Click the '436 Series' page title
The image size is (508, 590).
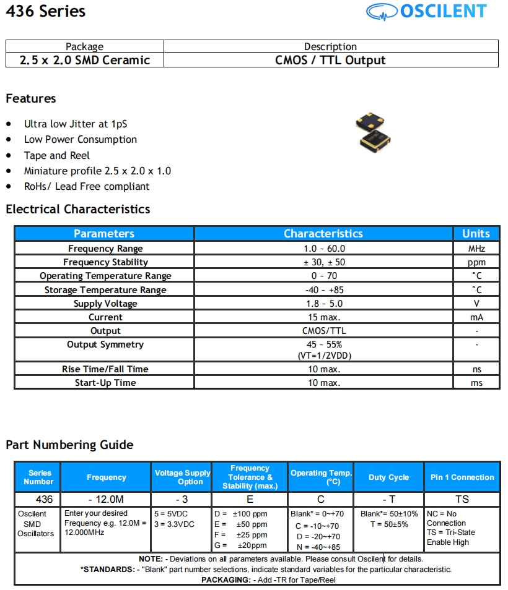point(46,12)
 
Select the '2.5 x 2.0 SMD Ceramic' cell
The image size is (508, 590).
point(85,60)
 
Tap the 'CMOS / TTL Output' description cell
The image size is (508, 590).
point(330,60)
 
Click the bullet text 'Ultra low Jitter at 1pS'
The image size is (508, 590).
point(76,124)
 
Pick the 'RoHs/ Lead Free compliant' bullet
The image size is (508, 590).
point(87,186)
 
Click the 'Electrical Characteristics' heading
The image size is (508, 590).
point(78,209)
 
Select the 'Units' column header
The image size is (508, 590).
point(476,234)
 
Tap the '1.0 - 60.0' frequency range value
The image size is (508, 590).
point(323,249)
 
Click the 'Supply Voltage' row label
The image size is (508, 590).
point(105,304)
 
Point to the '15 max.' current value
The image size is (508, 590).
point(323,317)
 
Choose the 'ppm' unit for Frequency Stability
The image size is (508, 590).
point(476,262)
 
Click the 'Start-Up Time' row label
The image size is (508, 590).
point(105,383)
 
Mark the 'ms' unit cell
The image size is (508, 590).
point(476,383)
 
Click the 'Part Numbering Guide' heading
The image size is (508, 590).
point(69,445)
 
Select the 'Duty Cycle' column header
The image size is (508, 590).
point(388,477)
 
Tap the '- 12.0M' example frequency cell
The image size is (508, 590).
point(107,499)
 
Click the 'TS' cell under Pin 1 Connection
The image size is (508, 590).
point(462,499)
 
